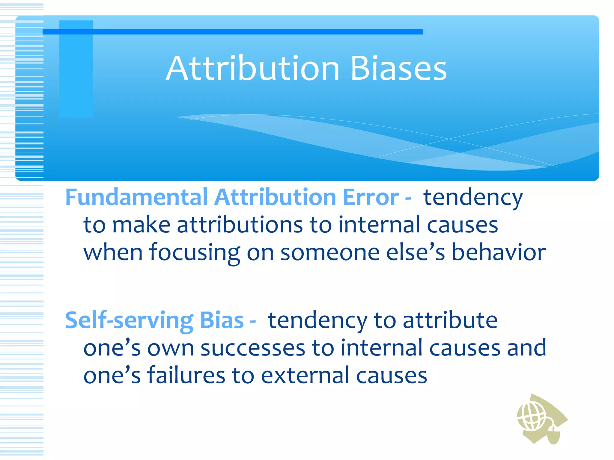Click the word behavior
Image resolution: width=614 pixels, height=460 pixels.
click(x=499, y=252)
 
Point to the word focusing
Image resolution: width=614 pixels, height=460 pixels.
click(x=195, y=252)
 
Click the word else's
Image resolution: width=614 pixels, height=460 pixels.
click(x=415, y=252)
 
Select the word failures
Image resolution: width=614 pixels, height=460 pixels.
click(x=186, y=375)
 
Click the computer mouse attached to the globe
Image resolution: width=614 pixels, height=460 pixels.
click(x=553, y=434)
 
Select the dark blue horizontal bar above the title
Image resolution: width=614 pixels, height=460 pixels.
click(x=232, y=32)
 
